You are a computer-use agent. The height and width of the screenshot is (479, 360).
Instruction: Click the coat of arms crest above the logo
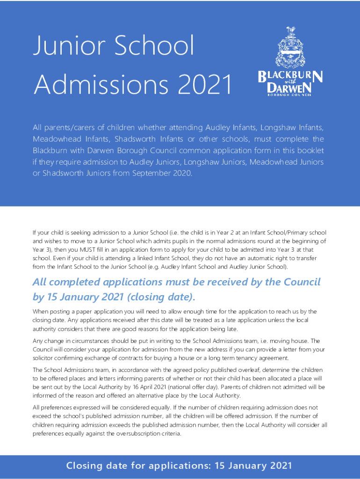290,47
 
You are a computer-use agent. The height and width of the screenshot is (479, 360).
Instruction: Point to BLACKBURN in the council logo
290,76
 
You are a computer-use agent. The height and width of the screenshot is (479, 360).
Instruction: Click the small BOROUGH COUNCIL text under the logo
290,95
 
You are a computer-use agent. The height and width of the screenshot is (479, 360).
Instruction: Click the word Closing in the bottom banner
86,465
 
